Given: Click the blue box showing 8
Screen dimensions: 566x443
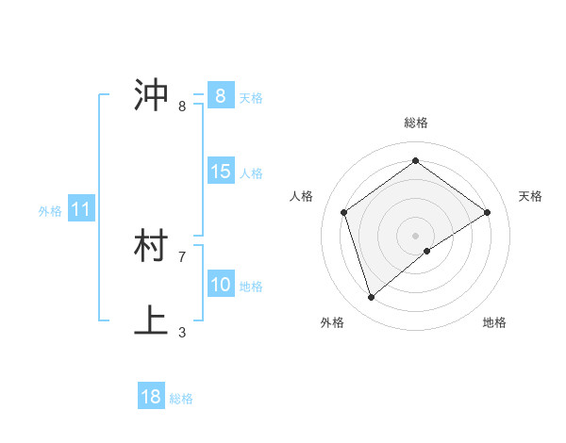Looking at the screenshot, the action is (220, 96).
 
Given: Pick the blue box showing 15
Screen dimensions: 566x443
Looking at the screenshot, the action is (220, 172).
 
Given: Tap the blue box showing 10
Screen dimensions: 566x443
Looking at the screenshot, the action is (220, 285).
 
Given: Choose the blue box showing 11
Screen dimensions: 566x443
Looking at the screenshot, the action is (80, 209).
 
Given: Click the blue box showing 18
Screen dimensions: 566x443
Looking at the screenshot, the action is (151, 397).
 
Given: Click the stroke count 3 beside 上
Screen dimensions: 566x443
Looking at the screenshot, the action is (182, 332).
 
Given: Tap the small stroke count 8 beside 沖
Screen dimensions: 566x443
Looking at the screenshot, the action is (182, 106).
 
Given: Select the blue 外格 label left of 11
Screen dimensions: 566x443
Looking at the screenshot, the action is (50, 211).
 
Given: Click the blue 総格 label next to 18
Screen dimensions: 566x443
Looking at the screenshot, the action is (181, 399).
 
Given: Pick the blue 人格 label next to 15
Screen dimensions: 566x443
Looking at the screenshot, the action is (251, 173).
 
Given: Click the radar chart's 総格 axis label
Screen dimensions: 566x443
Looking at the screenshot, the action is (415, 123).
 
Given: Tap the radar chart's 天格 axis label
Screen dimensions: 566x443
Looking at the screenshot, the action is (531, 196).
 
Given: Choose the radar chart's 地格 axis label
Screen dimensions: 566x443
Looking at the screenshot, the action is (494, 322).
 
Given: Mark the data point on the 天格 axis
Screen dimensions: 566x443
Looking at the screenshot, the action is (487, 212).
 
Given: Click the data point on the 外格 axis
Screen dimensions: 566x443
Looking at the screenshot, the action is (372, 298).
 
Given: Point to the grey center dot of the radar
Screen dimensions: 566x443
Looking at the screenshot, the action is (415, 235).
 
